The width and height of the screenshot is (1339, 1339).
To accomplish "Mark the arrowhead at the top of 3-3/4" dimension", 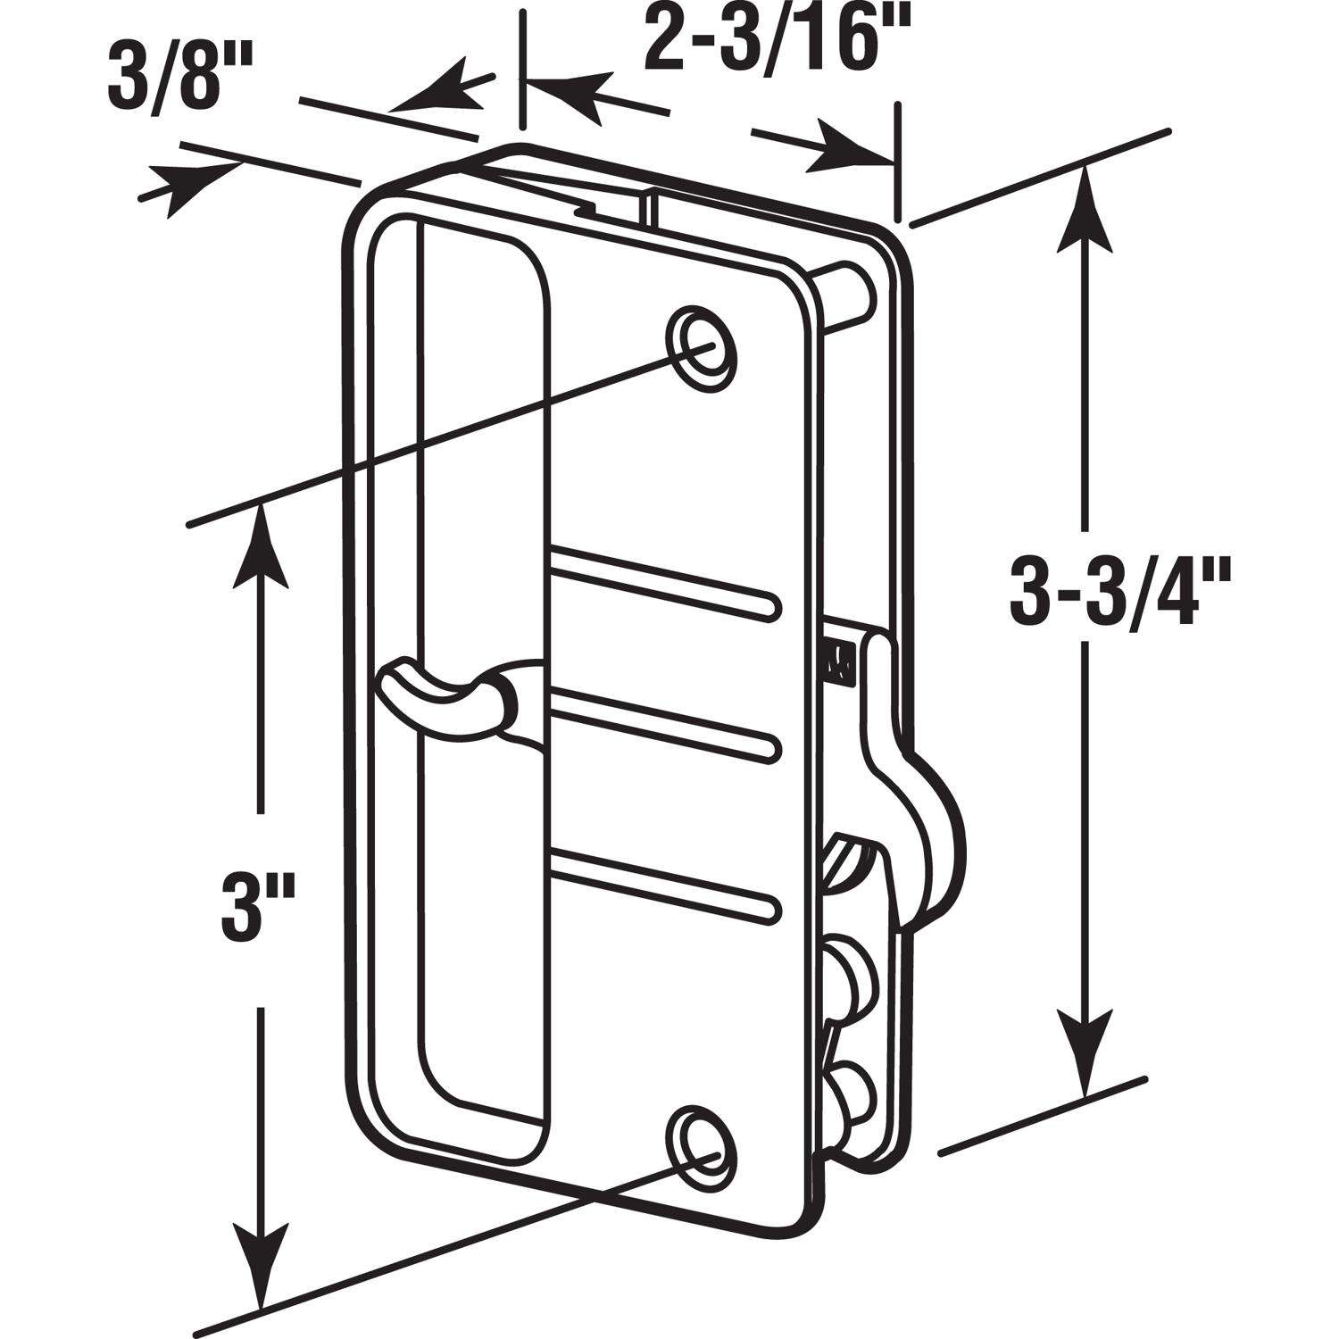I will point(1085,205).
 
